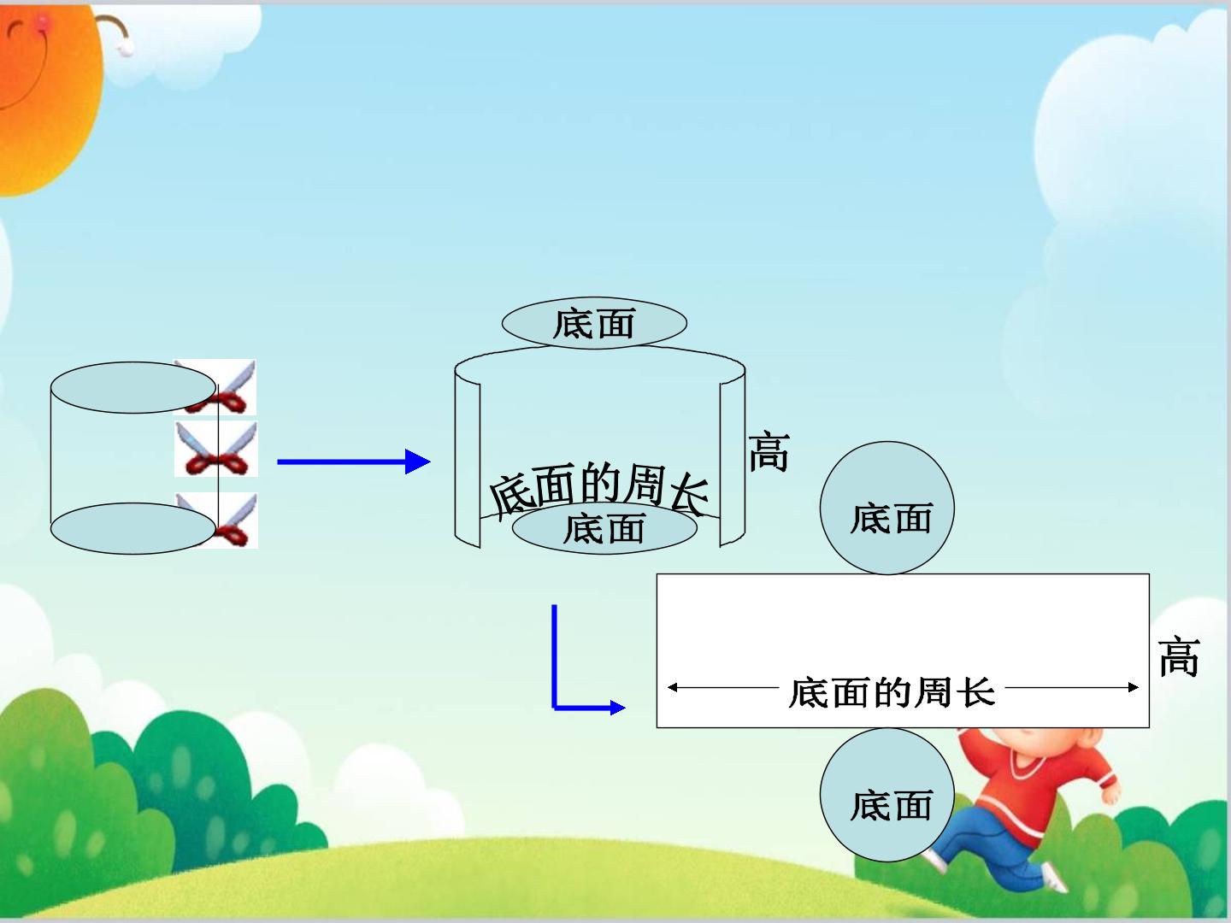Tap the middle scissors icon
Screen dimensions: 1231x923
pos(216,449)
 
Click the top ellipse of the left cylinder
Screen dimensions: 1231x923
pos(133,387)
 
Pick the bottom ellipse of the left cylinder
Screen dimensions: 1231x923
pos(133,528)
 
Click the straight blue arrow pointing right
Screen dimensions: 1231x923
pos(354,461)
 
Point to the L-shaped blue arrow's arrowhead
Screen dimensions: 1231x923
pos(617,708)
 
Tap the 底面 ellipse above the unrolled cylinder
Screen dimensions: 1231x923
pos(594,323)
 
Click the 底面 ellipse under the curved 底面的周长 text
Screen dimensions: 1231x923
pos(604,528)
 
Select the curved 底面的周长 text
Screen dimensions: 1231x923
pos(599,487)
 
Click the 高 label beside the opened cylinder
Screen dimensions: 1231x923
pos(769,451)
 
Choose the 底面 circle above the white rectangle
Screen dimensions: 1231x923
pos(887,508)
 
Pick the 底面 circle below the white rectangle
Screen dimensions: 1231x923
pos(887,795)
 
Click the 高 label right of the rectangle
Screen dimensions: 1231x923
pos(1179,656)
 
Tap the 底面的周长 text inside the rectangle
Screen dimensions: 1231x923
pos(892,692)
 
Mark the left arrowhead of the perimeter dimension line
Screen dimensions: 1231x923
pos(673,687)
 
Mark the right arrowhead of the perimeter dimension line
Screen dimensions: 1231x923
pos(1134,687)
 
